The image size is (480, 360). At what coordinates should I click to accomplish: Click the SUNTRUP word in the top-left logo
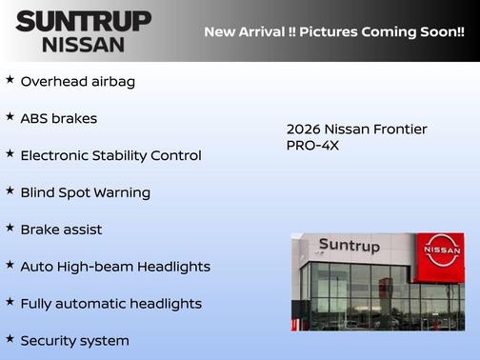(x=83, y=21)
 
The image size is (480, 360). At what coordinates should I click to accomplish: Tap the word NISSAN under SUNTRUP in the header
(x=83, y=44)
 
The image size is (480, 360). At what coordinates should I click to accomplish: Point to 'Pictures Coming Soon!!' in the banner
(x=383, y=31)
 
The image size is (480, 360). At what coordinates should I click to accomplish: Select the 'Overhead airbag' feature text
(x=77, y=81)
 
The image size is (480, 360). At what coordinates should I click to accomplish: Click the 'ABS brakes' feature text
(x=58, y=118)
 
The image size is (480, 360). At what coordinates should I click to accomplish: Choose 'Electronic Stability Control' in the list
(x=110, y=155)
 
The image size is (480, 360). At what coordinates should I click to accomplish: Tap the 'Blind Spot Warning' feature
(x=85, y=192)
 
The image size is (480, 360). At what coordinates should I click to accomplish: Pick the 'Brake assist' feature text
(x=61, y=230)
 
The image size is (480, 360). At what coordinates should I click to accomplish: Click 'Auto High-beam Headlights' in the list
(x=115, y=267)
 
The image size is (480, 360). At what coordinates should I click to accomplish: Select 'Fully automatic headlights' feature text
(x=110, y=304)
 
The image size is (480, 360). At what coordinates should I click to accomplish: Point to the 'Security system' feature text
(x=74, y=340)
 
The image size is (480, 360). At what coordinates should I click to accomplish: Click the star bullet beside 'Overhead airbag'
(x=10, y=79)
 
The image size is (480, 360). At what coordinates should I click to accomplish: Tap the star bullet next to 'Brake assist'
(x=10, y=228)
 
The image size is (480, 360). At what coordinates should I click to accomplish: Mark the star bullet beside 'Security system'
(x=10, y=338)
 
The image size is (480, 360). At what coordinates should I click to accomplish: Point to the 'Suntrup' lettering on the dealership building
(x=349, y=246)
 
